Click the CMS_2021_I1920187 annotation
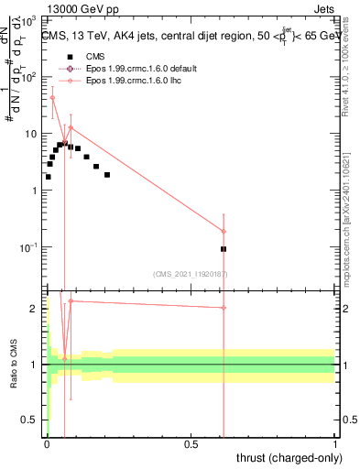191,274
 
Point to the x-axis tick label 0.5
191,443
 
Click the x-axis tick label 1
336,443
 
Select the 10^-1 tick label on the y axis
30,248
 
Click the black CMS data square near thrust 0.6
224,248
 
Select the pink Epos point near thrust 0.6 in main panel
224,232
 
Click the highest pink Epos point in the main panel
52,97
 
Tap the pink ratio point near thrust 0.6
224,308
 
